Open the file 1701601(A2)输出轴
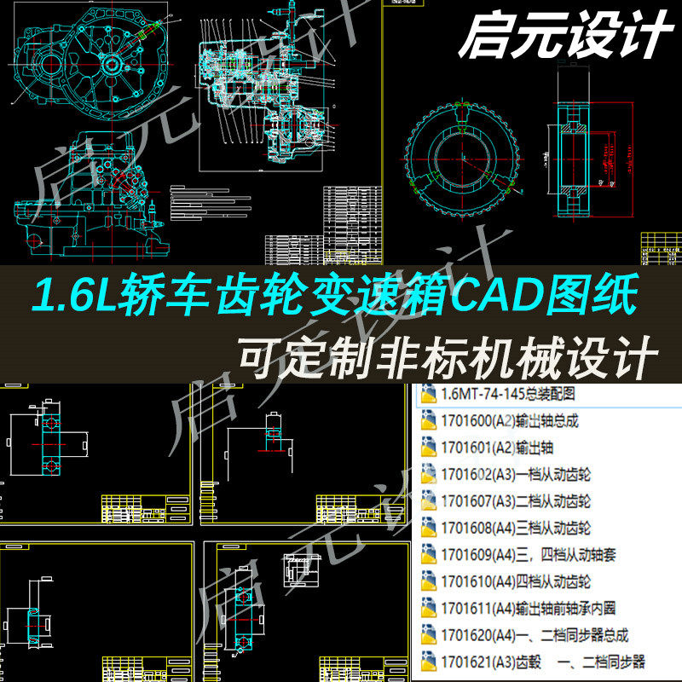click(493, 448)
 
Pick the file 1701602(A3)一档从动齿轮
click(515, 474)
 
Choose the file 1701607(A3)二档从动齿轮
click(515, 501)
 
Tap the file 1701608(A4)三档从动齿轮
click(515, 528)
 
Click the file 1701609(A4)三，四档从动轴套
click(528, 554)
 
